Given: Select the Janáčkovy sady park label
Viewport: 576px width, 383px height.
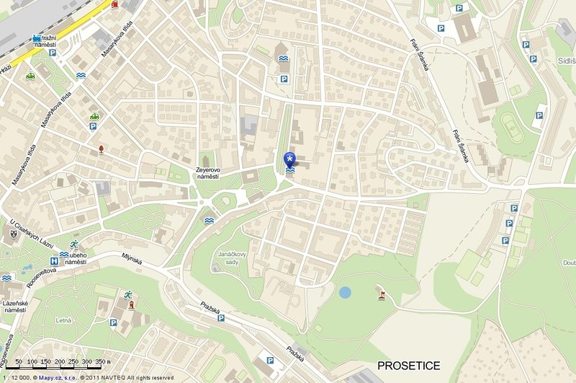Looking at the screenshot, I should pyautogui.click(x=237, y=259).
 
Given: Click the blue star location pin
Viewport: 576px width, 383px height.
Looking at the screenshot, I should pyautogui.click(x=289, y=159).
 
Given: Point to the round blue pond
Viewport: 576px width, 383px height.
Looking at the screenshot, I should pyautogui.click(x=346, y=293).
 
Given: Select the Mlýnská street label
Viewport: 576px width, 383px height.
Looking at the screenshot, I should pyautogui.click(x=133, y=257).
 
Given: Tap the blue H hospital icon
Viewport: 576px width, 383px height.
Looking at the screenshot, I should pyautogui.click(x=53, y=260).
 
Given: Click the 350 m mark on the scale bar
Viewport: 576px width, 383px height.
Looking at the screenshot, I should pyautogui.click(x=103, y=361).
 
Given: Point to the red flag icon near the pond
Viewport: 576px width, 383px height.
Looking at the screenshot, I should pyautogui.click(x=382, y=294).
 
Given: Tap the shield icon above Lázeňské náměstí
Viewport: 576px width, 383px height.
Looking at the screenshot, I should pyautogui.click(x=14, y=234).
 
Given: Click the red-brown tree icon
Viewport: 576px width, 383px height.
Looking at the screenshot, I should pyautogui.click(x=101, y=149).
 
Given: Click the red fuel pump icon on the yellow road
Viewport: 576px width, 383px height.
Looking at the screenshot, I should pyautogui.click(x=116, y=4).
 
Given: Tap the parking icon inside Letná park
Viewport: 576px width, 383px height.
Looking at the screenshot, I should pyautogui.click(x=112, y=325).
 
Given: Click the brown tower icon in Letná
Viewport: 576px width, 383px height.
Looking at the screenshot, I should pyautogui.click(x=131, y=305).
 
